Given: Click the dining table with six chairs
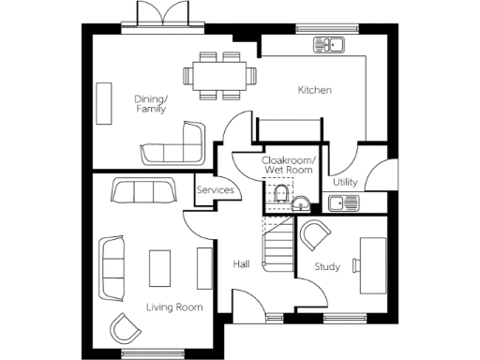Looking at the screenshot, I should click(223, 74).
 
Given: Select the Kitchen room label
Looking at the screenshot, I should click(315, 90).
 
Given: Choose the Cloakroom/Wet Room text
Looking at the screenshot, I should click(286, 167).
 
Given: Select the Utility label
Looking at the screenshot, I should click(344, 182).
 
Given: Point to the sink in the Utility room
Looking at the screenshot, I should click(339, 202).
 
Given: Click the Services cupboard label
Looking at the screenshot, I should click(214, 190).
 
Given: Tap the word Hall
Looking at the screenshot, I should click(240, 264).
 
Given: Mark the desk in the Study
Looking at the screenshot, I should click(373, 257).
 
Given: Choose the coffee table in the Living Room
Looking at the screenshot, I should click(160, 266).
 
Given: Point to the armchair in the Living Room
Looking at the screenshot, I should click(123, 327).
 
